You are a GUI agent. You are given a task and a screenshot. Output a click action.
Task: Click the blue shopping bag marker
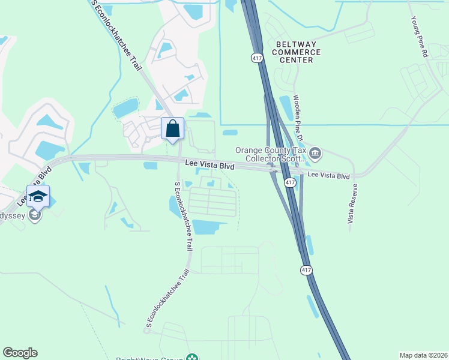tap(173, 128)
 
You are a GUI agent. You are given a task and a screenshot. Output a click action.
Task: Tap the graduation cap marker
tap(38, 196)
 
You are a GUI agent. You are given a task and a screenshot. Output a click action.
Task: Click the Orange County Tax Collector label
tap(271, 155)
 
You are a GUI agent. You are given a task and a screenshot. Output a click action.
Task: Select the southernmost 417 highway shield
tap(306, 271)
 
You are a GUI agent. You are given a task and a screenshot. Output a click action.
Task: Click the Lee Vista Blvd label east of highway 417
tap(328, 176)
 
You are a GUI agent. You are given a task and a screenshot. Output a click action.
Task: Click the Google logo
tap(20, 353)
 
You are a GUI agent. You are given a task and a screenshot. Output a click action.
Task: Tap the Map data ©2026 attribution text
tap(423, 355)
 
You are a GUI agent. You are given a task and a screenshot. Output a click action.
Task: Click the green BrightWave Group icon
tap(191, 358)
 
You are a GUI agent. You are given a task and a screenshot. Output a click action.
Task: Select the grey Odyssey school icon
tap(35, 215)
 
